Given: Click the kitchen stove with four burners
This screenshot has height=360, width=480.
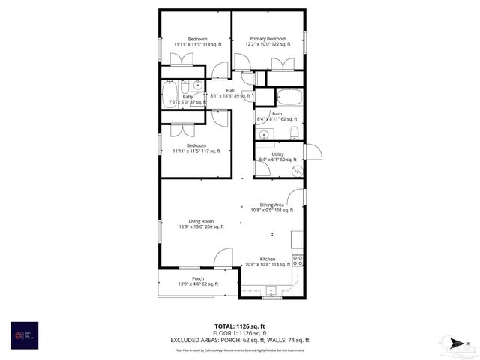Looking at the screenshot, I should coord(298,260).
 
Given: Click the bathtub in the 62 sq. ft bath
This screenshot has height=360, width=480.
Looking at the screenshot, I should coord(289,97).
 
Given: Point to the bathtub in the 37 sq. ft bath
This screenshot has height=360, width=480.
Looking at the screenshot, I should coord(169,96).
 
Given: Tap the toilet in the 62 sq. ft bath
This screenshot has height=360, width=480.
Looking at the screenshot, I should coord(295,133).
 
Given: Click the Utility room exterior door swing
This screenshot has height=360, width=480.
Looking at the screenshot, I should coord(313,152).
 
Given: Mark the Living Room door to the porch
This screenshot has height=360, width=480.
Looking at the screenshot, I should coord(223,259).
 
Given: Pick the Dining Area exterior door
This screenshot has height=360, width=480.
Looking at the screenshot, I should coord(298,198).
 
